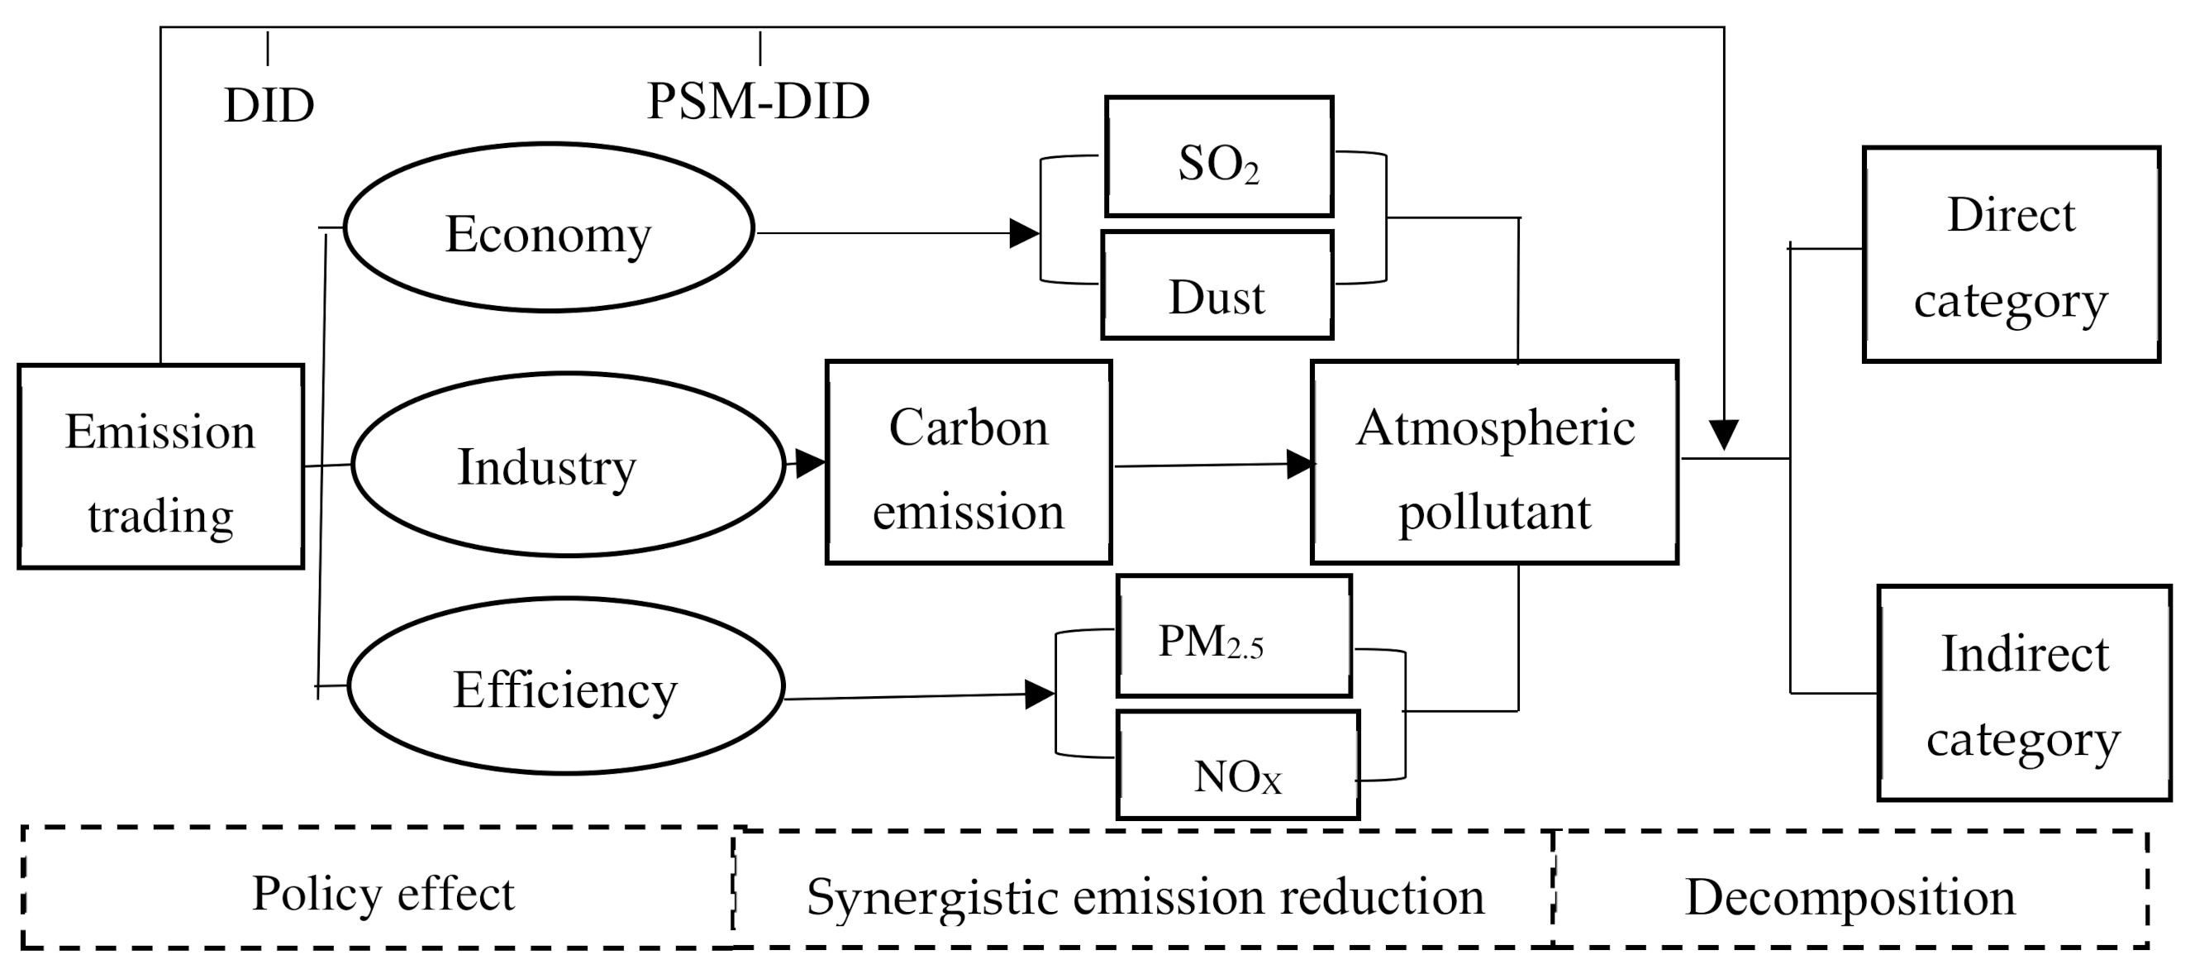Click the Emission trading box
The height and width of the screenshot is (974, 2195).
pos(160,467)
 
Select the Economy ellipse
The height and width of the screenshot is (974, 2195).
pos(549,227)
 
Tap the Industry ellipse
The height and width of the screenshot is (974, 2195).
pos(568,465)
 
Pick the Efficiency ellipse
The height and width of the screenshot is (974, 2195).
pos(566,686)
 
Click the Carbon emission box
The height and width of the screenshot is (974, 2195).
pos(969,463)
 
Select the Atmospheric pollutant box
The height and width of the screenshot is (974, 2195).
pos(1494,463)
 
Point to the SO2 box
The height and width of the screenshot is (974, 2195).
pos(1218,157)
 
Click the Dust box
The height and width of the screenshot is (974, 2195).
pos(1217,285)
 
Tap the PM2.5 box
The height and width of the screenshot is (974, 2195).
pos(1234,636)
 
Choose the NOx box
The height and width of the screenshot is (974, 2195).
pos(1237,765)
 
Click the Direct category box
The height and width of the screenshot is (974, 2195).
pos(2011,255)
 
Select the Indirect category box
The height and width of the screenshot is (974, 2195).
pos(2024,693)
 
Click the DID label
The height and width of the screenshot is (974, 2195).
pos(269,107)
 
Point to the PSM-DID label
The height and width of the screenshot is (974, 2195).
pos(759,102)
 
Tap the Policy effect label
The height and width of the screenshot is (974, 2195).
pos(383,894)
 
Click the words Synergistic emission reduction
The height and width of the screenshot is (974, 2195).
pos(1145,897)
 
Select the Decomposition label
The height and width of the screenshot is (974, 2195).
pos(1850,897)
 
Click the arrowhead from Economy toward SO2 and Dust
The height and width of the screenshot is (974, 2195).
pos(1023,232)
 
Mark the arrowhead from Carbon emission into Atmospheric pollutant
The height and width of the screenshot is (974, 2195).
pos(1300,465)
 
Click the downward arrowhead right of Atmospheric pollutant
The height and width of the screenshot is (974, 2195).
pos(1724,434)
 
